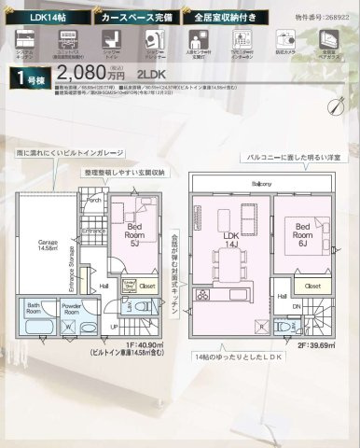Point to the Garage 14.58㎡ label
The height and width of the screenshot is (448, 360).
tap(48, 245)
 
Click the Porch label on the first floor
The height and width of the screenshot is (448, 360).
tap(94, 199)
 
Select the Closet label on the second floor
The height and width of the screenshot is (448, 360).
tap(312, 286)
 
